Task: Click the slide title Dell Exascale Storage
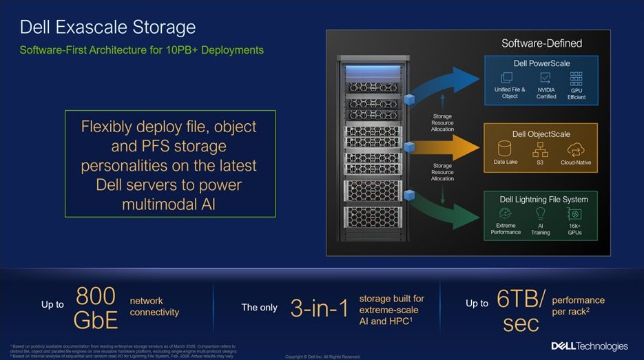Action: [107, 28]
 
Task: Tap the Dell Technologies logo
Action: [590, 346]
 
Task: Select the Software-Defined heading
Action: [541, 43]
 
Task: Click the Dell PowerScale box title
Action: [541, 63]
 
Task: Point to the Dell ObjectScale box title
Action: [541, 134]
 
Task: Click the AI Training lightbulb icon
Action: [541, 213]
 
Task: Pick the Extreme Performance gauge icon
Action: [506, 213]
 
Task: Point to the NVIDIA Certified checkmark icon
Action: [546, 78]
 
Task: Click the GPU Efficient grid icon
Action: [577, 78]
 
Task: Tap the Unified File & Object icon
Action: [510, 78]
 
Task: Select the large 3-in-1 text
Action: [320, 308]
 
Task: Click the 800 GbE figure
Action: [96, 308]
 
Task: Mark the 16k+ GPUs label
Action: [574, 229]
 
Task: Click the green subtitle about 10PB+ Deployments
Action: [141, 50]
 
